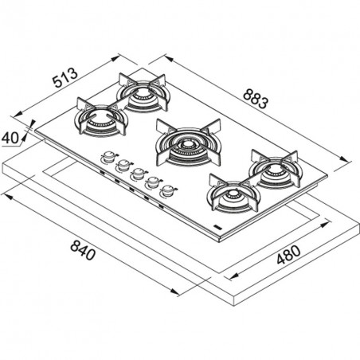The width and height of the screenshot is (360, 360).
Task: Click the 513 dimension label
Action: coord(65,78)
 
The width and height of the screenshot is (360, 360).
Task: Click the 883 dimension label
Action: coord(256,99)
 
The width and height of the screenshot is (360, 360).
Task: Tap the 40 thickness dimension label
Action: coord(10,138)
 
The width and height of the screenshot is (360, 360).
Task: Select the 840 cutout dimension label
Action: coord(83,250)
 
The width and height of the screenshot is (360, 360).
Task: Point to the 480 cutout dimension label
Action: coord(288,255)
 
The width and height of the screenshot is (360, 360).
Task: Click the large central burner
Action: coord(189,143)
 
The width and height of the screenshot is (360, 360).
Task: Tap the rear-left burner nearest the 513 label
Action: coord(143,92)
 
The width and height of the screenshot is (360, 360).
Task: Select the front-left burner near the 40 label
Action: coord(101,117)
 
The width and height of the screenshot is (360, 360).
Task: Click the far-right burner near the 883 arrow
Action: coord(275,169)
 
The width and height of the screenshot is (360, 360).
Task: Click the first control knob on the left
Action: coord(108,157)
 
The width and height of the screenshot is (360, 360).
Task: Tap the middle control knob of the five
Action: coord(138,174)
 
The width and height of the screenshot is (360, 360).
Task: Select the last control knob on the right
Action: coord(168,190)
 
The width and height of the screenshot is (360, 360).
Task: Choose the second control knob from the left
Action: coord(123,166)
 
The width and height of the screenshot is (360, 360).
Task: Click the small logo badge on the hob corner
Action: coord(217,227)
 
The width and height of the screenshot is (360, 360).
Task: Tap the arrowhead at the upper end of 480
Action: coord(325,225)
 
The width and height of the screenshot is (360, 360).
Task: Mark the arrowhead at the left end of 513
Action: coord(18,114)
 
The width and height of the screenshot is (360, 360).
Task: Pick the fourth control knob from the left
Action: coord(153,182)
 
